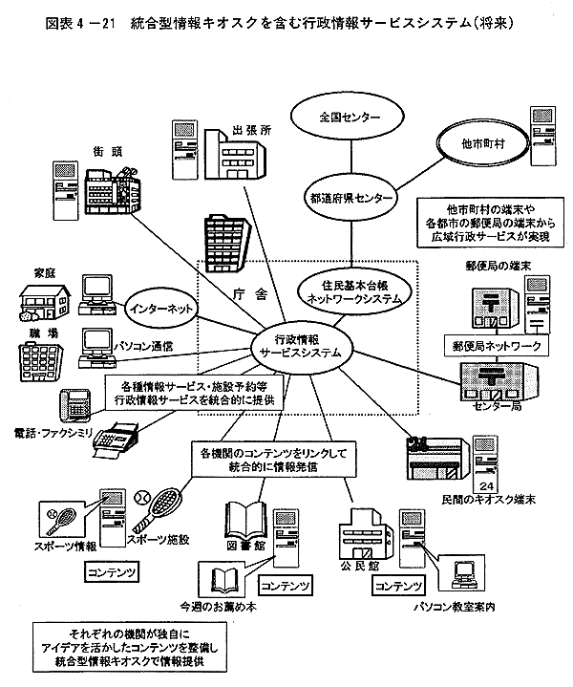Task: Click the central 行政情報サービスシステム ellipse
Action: point(300,344)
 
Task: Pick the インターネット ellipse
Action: point(160,308)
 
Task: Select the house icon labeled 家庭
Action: point(40,301)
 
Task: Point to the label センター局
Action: point(494,406)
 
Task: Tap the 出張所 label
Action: point(245,130)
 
